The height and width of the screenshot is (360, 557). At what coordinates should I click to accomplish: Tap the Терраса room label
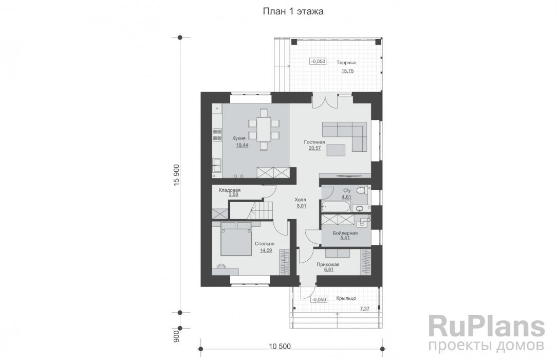pyautogui.click(x=346, y=63)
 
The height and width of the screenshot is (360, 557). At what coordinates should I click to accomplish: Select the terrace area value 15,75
pyautogui.click(x=348, y=71)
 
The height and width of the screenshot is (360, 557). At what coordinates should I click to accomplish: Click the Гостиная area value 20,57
pyautogui.click(x=314, y=149)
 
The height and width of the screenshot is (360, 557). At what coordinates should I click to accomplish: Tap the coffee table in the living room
pyautogui.click(x=336, y=150)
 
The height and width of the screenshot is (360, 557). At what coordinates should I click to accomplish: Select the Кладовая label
pyautogui.click(x=229, y=190)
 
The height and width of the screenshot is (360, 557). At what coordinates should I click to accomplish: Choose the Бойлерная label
pyautogui.click(x=345, y=233)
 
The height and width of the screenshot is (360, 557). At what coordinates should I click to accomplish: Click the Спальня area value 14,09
pyautogui.click(x=266, y=251)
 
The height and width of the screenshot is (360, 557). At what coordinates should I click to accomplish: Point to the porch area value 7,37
pyautogui.click(x=364, y=309)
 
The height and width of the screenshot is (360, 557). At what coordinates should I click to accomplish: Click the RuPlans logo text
pyautogui.click(x=486, y=327)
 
